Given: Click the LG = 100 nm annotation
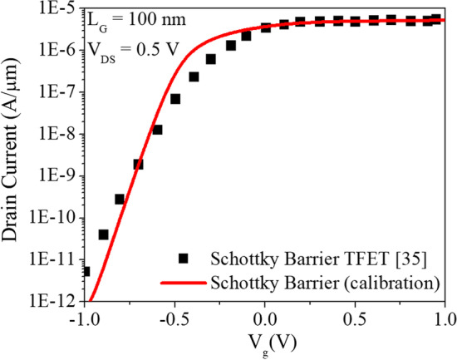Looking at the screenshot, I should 139,20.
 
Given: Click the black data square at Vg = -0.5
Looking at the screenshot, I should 175,99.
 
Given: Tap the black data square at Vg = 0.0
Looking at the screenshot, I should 265,27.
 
